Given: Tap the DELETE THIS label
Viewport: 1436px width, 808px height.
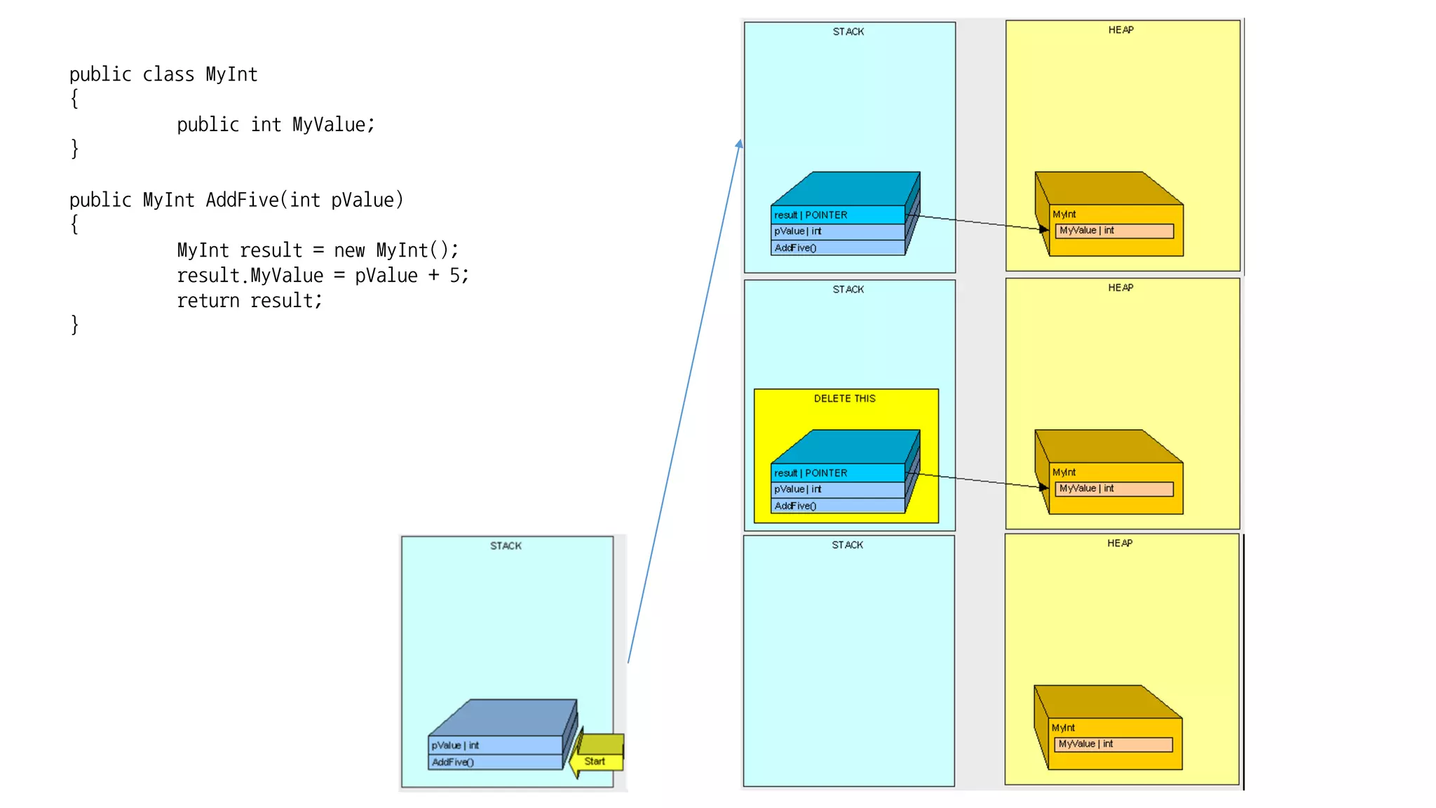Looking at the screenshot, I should coord(844,398).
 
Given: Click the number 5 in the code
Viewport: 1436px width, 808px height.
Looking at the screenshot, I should coord(454,276).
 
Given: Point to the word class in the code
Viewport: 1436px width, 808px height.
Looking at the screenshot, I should coord(168,74).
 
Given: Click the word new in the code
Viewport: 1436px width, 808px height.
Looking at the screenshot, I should coord(349,250).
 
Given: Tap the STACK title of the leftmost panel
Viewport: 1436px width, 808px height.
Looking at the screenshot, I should coord(506,546).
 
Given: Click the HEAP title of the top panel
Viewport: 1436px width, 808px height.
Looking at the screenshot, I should coord(1120,30).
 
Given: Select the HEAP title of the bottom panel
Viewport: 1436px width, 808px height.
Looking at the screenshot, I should coord(1119,544).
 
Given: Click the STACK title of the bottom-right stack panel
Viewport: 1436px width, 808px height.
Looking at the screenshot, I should coord(847,545).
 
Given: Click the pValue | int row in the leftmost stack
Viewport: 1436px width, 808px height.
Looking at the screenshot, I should coord(494,745).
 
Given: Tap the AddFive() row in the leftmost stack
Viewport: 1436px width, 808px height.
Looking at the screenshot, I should coord(494,762).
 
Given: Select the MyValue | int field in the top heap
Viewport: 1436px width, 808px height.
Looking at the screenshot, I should coord(1113,231).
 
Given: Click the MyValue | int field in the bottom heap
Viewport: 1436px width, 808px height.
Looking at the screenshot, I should coord(1113,744).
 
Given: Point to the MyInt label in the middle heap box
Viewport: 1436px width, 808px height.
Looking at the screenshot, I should coord(1064,472).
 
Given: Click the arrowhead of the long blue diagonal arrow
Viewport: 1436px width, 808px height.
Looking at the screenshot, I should coord(740,144).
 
